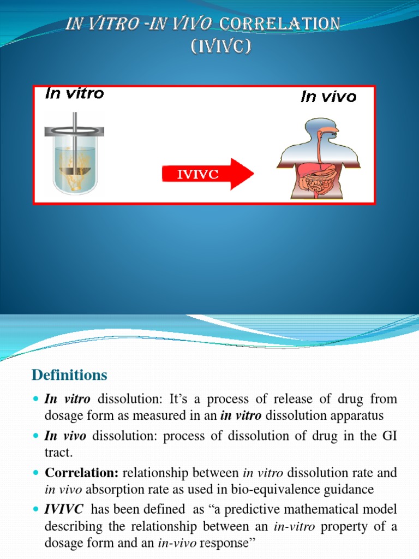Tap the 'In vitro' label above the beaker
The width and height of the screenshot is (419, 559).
coord(75,94)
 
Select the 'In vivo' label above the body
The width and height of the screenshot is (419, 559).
coord(328,97)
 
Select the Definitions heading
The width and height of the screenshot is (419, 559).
coord(69,376)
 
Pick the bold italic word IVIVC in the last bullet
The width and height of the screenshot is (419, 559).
coord(64,509)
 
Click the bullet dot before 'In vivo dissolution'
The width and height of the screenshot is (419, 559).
coord(36,437)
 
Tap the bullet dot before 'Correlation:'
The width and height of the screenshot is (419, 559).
coord(36,473)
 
